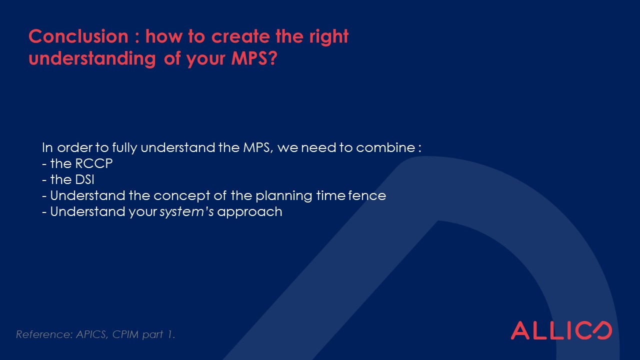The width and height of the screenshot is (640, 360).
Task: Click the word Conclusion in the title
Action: point(78,36)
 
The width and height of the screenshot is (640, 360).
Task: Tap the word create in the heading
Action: point(240,36)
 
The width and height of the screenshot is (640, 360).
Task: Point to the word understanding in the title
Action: point(92,58)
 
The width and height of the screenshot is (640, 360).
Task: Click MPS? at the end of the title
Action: point(254,58)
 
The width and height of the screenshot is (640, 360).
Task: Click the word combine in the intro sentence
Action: point(385,147)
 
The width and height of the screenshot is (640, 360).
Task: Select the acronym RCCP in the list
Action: point(94,163)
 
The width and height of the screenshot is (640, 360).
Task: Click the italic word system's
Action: point(186,212)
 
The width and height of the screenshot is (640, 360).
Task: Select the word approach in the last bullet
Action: point(249,212)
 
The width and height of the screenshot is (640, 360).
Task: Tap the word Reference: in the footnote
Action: point(44,334)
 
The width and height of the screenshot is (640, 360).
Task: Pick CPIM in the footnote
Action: point(125,334)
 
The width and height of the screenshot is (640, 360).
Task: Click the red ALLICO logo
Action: point(561,330)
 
